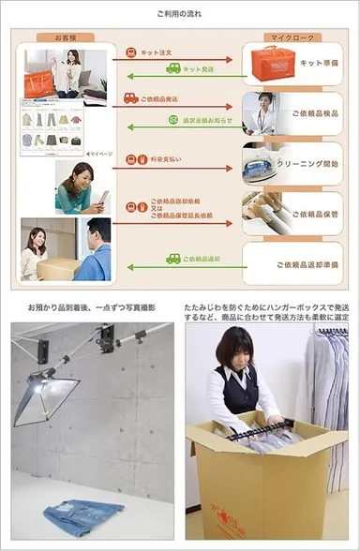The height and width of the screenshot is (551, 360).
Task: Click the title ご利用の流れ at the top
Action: (179, 15)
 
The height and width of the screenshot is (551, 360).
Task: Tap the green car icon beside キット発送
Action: (173, 68)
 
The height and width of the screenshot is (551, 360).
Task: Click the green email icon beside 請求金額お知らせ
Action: (173, 120)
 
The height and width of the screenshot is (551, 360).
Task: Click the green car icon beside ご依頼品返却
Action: (173, 258)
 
